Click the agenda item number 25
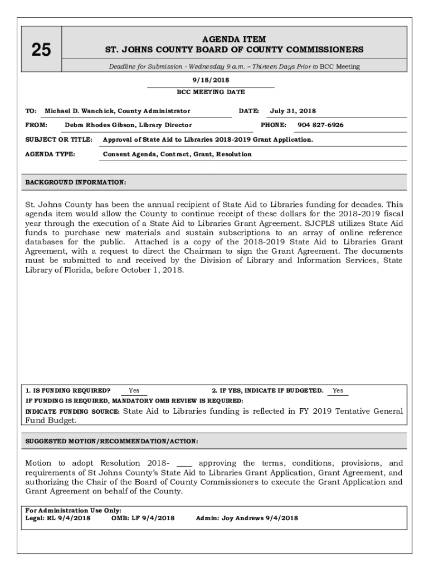41,50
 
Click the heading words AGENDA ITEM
234,40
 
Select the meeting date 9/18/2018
211,80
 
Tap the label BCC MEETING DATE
211,92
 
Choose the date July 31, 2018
293,111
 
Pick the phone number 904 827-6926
320,125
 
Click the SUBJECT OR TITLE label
59,139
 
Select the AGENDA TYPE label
50,154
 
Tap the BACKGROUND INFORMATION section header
76,182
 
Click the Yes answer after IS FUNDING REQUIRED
134,391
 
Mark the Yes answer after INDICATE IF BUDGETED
338,391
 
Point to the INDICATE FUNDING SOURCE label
72,412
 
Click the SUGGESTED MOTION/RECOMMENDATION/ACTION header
111,441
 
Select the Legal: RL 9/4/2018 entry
58,518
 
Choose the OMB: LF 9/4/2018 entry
143,518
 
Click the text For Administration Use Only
74,510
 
